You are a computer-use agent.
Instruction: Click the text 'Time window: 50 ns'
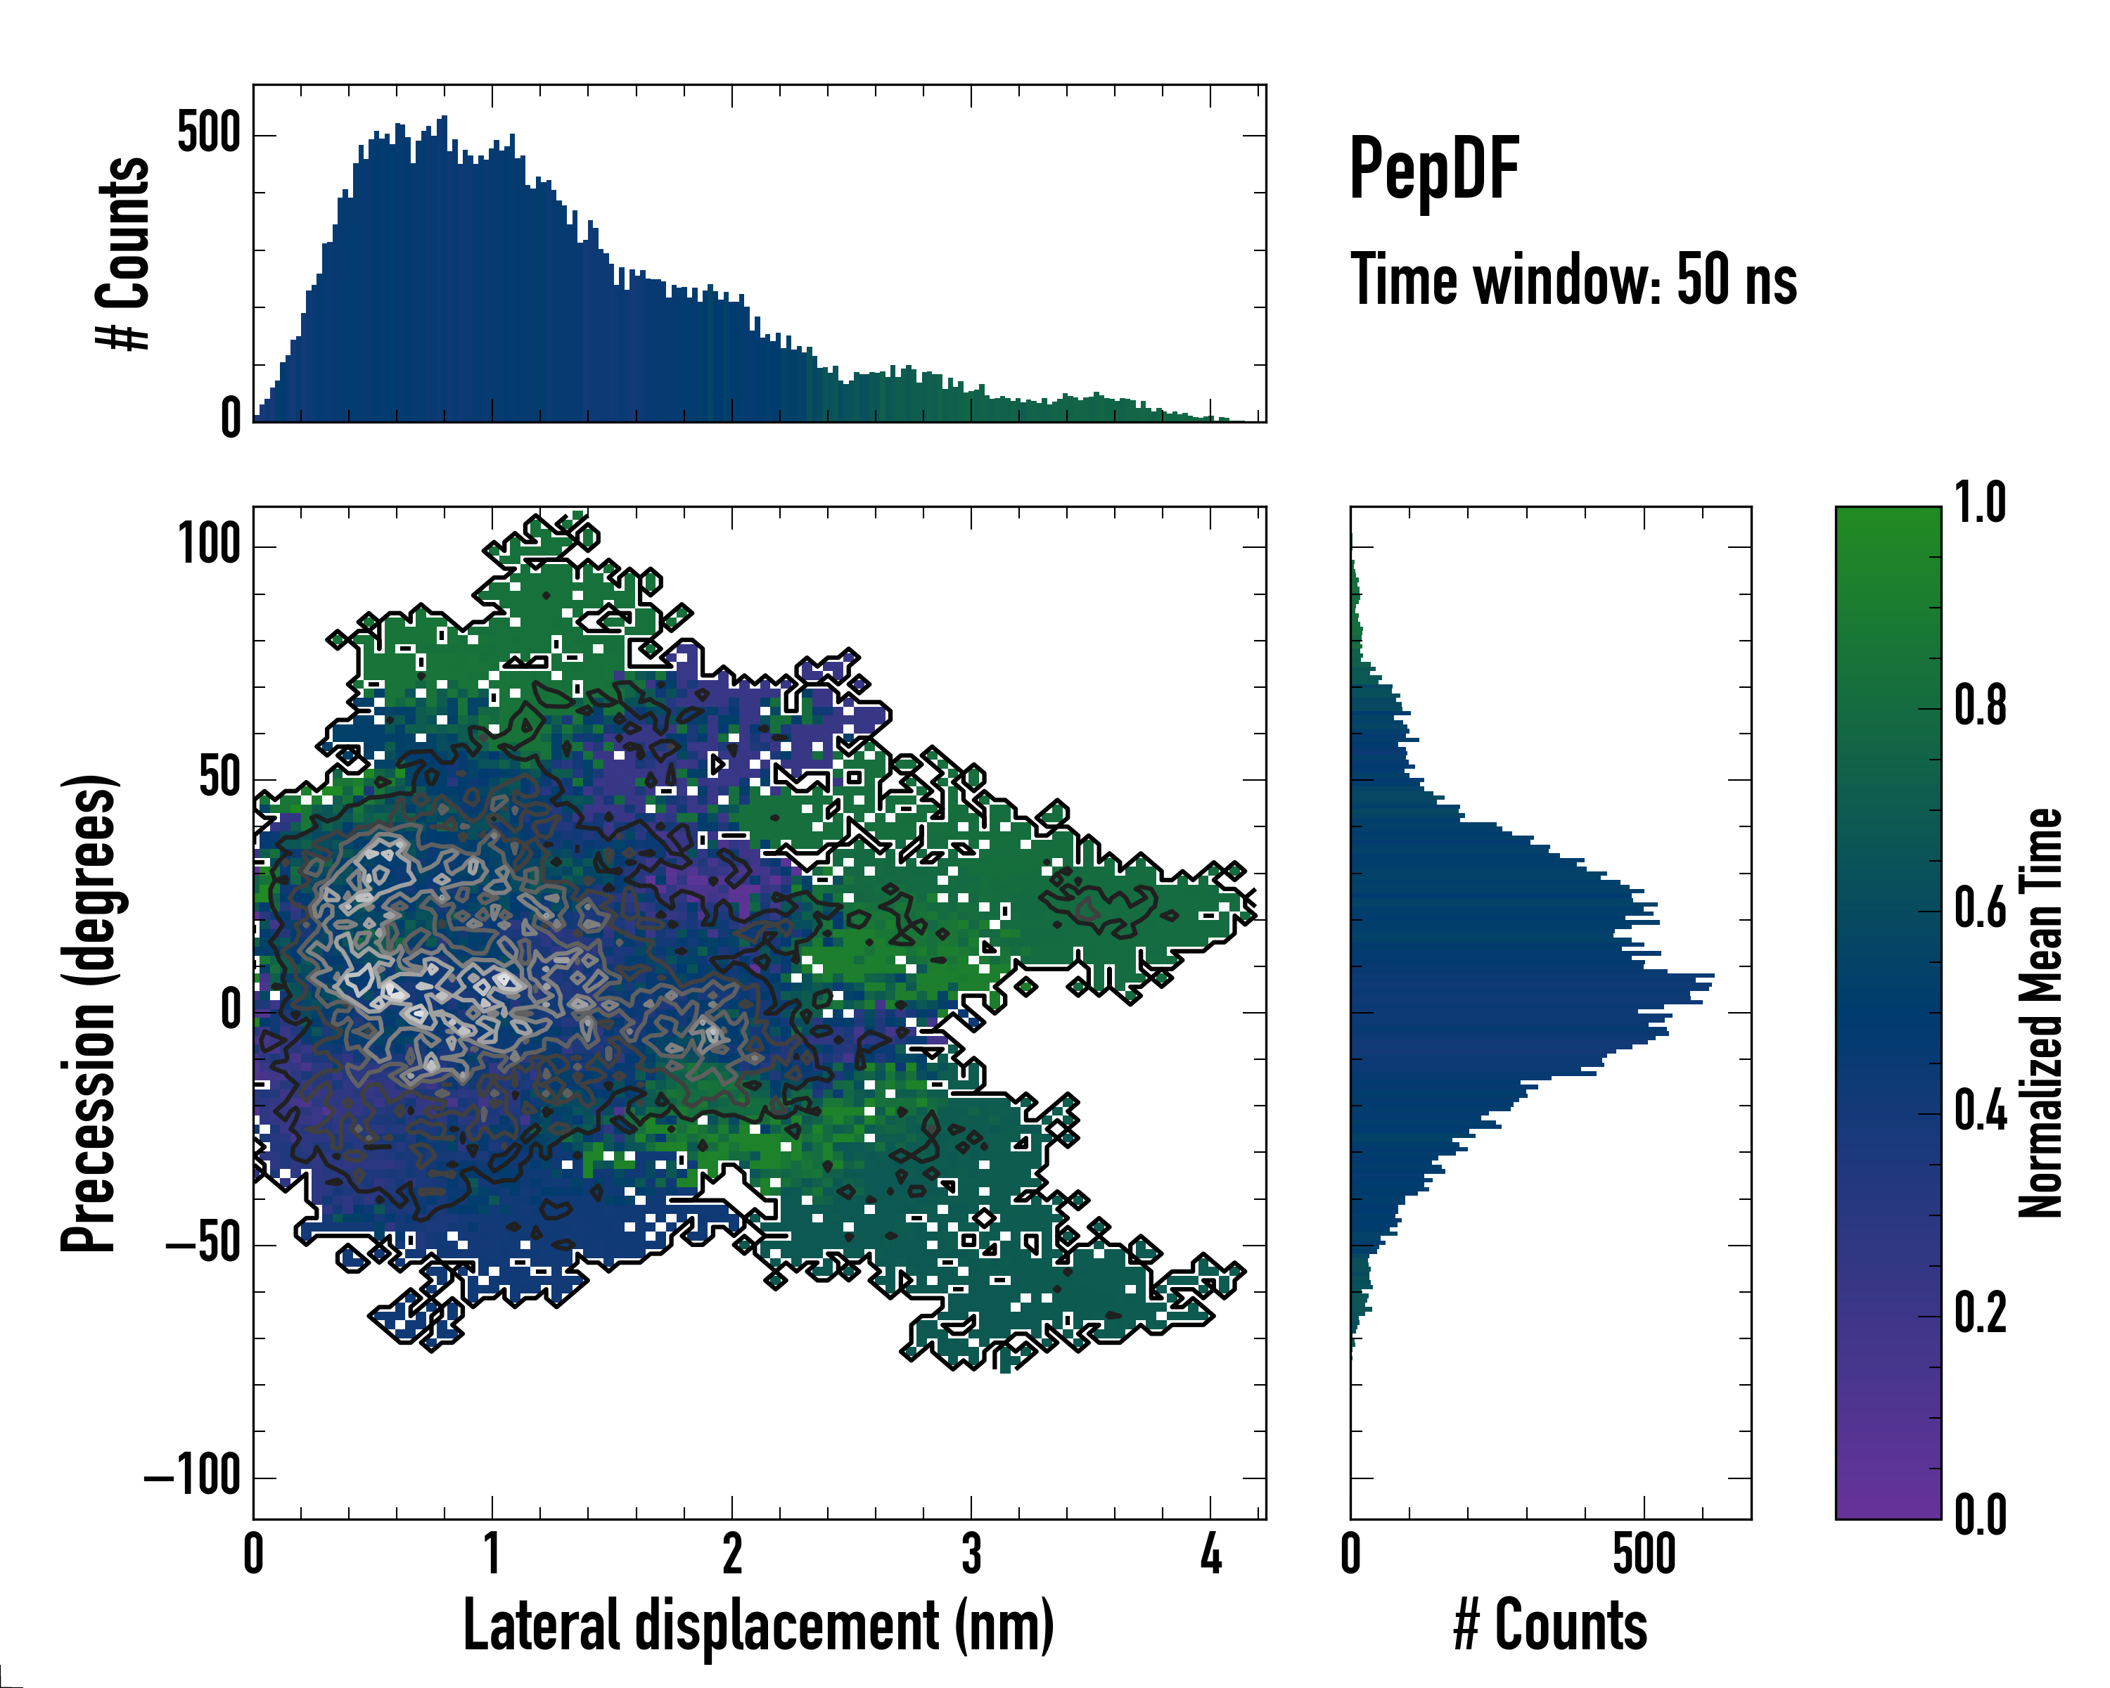pyautogui.click(x=1573, y=281)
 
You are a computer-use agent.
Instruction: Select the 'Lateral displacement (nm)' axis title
pyautogui.click(x=758, y=1625)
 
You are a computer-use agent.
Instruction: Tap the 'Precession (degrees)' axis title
pyautogui.click(x=90, y=1013)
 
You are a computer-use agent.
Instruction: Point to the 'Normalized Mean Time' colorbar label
pyautogui.click(x=2040, y=1013)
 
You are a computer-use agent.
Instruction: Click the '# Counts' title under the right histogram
pyautogui.click(x=1550, y=1625)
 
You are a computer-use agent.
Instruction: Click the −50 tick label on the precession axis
pyautogui.click(x=203, y=1245)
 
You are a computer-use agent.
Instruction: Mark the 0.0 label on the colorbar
pyautogui.click(x=1980, y=1515)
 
